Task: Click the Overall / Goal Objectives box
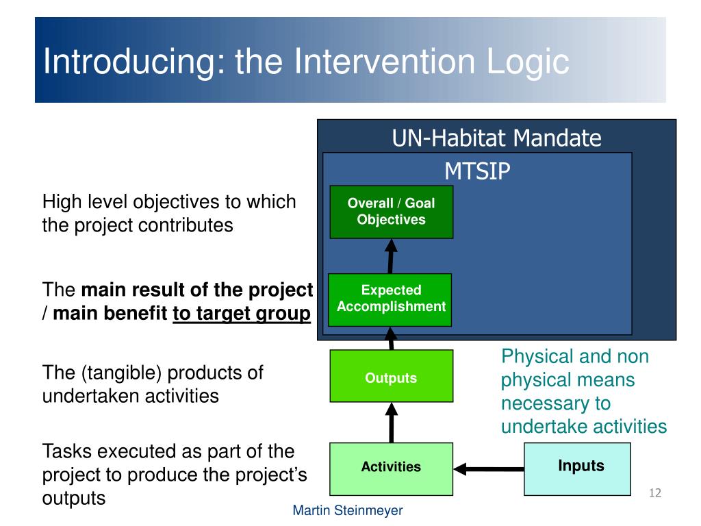tap(391, 212)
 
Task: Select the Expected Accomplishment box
tap(391, 299)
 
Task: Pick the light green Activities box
tap(391, 468)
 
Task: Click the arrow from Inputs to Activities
tap(489, 469)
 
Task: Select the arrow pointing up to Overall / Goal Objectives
tap(392, 255)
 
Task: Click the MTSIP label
tap(477, 171)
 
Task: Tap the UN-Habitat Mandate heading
tap(496, 138)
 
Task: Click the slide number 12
tap(654, 493)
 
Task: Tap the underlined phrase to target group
tap(242, 314)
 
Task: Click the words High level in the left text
tap(85, 202)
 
